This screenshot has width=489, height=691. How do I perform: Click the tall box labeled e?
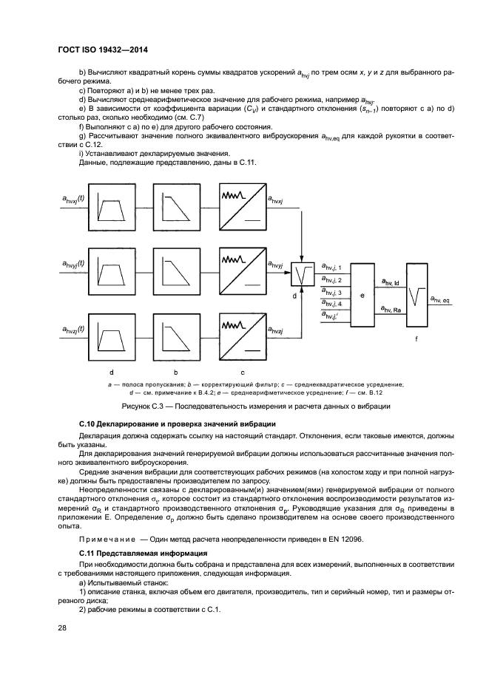pos(362,295)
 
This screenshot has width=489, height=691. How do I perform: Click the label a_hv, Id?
pos(389,282)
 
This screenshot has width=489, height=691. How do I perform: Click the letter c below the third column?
pos(242,372)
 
